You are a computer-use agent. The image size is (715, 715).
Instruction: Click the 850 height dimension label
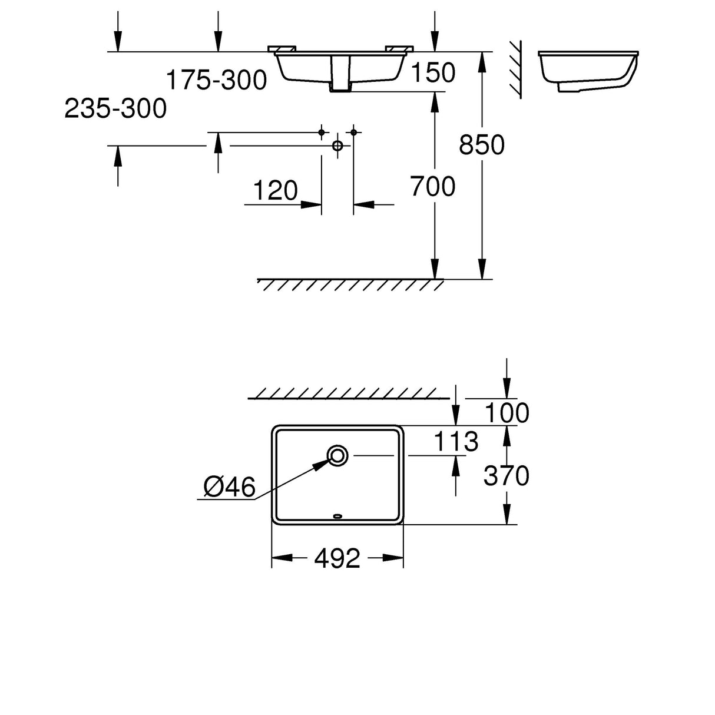[x=481, y=145]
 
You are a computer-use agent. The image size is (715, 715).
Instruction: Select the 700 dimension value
[x=432, y=187]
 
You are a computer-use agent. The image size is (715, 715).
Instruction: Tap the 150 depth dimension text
[x=432, y=73]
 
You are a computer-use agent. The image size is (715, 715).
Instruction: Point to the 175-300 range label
[x=216, y=80]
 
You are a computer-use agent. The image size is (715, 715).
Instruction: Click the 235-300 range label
[x=115, y=109]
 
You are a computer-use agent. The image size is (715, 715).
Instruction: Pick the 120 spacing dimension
[x=275, y=191]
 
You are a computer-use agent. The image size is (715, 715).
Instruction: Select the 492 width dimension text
[x=337, y=558]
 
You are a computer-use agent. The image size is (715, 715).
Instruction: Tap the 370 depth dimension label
[x=506, y=476]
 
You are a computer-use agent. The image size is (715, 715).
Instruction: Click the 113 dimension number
[x=455, y=441]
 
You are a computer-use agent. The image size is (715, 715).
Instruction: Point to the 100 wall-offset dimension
[x=506, y=413]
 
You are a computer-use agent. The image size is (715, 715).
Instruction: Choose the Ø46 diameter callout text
[x=229, y=487]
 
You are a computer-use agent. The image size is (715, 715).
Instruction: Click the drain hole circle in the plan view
[x=337, y=455]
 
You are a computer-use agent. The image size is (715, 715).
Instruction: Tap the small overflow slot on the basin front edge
[x=337, y=517]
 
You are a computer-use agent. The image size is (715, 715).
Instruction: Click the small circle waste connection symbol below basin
[x=337, y=145]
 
